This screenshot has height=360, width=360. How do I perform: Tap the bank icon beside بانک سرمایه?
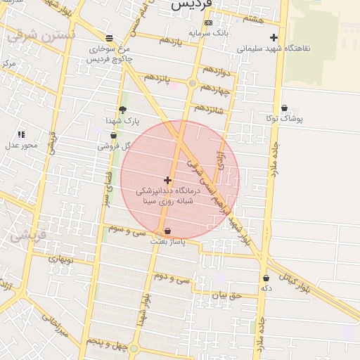click(207, 22)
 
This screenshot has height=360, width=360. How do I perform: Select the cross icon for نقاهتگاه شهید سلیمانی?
click(274, 37)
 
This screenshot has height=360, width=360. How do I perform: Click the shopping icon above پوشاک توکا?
click(284, 108)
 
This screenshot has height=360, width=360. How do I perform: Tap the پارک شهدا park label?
click(121, 121)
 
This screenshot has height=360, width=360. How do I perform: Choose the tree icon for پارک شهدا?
click(123, 110)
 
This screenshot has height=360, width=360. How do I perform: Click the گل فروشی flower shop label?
click(117, 146)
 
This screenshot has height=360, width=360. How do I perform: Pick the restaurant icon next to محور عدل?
click(21, 134)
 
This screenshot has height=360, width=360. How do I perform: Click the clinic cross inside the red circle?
click(167, 181)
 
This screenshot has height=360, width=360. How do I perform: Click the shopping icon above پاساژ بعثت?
click(167, 231)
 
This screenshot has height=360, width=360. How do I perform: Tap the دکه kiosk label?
click(266, 288)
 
